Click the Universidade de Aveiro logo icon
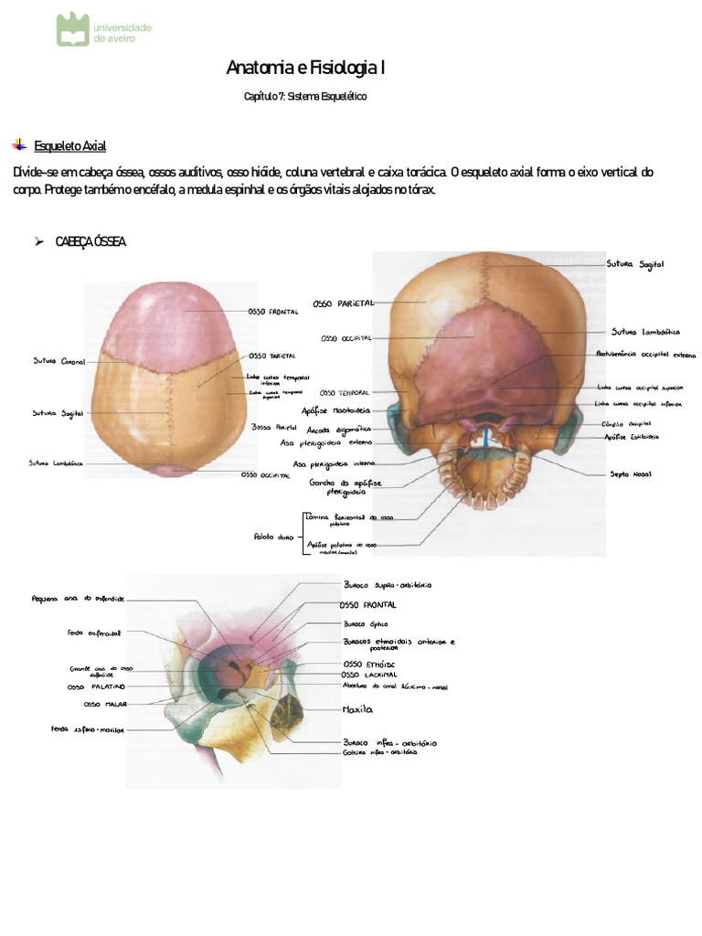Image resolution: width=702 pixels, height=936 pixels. point(73,28)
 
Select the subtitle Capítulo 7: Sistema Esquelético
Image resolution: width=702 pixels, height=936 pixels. point(304,97)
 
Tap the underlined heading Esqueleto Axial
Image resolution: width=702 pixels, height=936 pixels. point(70,145)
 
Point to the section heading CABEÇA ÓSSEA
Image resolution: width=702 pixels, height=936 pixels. point(90,241)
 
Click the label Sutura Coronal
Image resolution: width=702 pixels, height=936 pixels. point(59,362)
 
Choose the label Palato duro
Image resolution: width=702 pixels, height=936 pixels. point(271,537)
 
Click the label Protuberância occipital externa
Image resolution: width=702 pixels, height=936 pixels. point(645,353)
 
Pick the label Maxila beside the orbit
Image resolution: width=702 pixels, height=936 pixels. point(358,707)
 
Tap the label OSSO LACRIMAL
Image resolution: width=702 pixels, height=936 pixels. point(369,675)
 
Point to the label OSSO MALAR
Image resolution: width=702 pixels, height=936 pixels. point(104,705)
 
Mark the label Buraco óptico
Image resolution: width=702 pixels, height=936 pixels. point(366,623)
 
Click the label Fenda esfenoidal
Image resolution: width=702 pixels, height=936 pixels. point(94,632)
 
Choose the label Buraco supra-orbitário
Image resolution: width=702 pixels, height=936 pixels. point(388,584)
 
